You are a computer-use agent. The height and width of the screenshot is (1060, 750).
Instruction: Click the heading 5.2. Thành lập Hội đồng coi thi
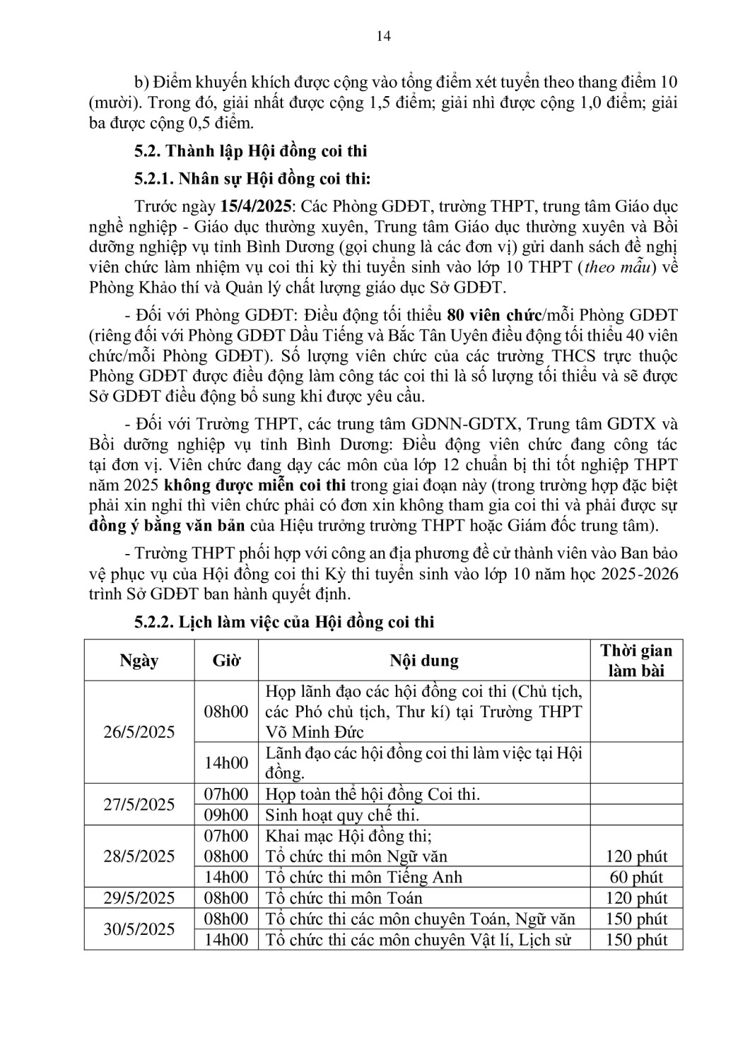(x=251, y=151)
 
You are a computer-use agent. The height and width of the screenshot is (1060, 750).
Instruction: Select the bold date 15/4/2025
(x=260, y=206)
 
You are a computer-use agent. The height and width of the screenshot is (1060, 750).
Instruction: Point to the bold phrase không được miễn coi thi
(x=254, y=485)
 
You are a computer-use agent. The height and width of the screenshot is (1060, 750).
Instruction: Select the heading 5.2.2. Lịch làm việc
(x=284, y=623)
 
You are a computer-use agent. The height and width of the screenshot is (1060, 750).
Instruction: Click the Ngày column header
(x=139, y=661)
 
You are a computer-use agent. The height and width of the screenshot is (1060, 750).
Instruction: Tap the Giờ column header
(x=226, y=661)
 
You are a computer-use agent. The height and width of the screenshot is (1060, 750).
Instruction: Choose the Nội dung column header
(x=424, y=661)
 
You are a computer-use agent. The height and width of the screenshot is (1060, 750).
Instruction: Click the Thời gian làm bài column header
(x=636, y=660)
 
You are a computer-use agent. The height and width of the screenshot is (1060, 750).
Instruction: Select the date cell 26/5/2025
(x=139, y=731)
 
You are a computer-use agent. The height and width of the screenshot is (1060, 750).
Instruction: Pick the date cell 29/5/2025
(x=139, y=898)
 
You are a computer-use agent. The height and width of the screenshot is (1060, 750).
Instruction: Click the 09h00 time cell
(x=226, y=815)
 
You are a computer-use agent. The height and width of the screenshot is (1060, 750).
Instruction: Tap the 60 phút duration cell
(x=636, y=878)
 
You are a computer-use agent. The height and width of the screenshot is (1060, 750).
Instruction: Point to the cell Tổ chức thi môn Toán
(x=344, y=898)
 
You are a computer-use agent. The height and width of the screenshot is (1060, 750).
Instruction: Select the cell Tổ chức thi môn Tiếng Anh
(x=363, y=878)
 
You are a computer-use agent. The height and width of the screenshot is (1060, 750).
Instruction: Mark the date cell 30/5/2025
(x=139, y=929)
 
